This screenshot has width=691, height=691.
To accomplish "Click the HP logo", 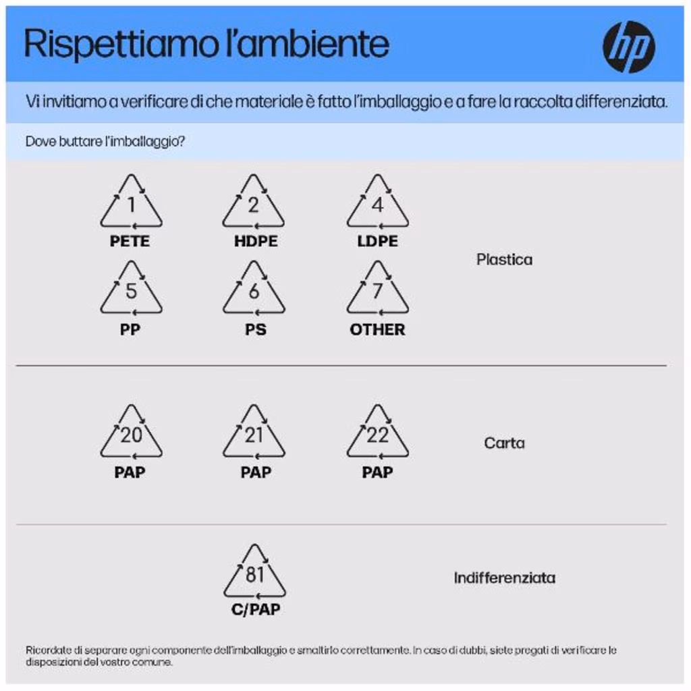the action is click(628, 47).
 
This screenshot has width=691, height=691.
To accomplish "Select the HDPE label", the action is click(256, 241).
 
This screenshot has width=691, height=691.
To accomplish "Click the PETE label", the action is click(130, 241).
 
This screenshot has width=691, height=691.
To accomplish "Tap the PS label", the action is click(256, 329).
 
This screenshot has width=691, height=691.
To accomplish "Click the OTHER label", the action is click(377, 329).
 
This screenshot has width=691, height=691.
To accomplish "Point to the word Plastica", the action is click(504, 260).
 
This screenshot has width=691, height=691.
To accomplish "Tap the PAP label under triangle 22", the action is click(377, 472).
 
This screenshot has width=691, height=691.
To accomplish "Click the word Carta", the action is click(504, 443).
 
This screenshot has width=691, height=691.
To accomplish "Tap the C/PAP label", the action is click(256, 609).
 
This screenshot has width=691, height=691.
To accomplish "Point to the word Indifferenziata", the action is click(504, 578).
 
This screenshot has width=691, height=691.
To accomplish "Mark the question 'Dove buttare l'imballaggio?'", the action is click(105, 142).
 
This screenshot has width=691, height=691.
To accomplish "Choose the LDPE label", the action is click(377, 241).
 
